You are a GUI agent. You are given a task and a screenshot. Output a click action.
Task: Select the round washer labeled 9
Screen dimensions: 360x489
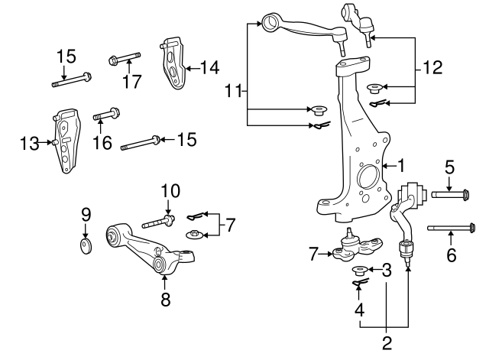click(86, 245)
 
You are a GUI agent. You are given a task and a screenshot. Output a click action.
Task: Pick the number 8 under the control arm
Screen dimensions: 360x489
click(165, 300)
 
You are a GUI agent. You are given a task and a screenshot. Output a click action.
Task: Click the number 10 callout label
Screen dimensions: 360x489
click(170, 190)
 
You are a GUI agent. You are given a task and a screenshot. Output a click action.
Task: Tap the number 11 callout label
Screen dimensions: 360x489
click(234, 92)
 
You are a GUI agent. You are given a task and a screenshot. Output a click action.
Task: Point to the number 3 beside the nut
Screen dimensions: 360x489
click(387, 269)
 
